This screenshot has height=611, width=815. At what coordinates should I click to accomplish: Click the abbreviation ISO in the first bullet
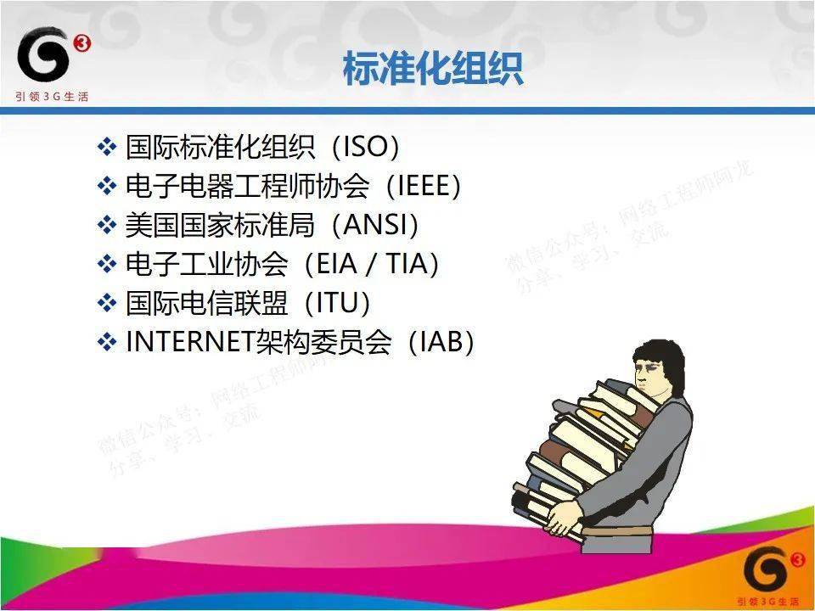(x=365, y=148)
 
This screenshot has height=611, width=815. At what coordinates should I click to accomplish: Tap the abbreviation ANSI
(x=384, y=226)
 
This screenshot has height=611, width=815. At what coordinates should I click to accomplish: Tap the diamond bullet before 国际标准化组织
(x=106, y=148)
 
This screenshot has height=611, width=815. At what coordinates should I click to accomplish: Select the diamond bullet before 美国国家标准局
(x=106, y=226)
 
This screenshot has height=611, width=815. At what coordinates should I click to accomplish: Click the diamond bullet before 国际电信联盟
(x=106, y=303)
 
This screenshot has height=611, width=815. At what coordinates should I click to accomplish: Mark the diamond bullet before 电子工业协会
(x=106, y=265)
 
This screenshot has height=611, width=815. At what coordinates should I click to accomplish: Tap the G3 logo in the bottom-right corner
(x=768, y=572)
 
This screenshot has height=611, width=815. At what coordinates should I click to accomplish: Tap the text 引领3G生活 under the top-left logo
(x=52, y=96)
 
